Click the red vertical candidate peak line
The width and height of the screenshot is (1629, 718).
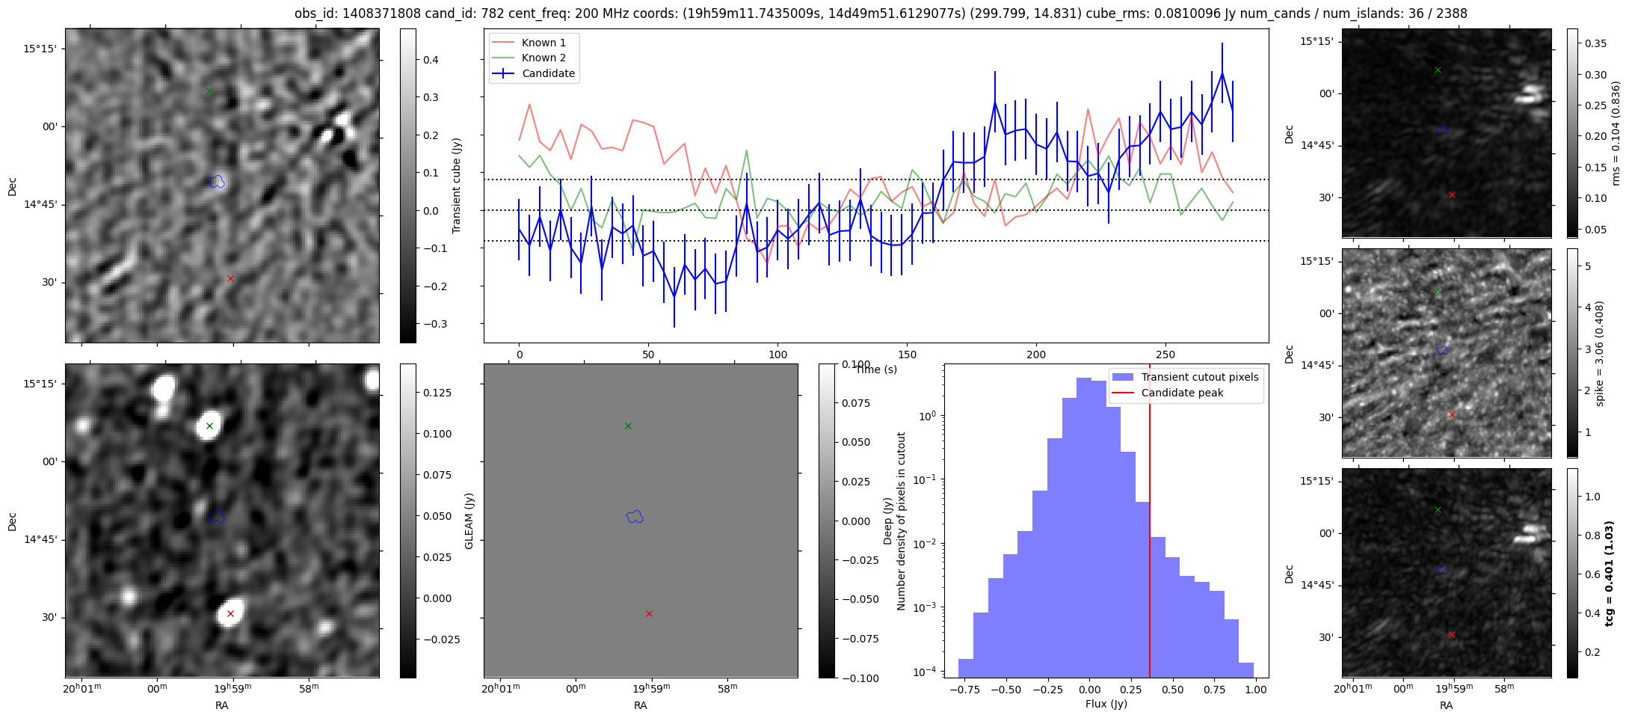tap(1150, 524)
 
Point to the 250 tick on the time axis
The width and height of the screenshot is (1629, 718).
tap(1165, 355)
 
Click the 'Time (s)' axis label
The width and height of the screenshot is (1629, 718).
tap(876, 369)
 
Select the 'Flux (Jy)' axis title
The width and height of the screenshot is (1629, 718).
tap(1106, 704)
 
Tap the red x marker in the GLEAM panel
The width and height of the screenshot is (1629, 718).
tap(649, 614)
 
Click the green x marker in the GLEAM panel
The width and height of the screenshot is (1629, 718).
tap(628, 426)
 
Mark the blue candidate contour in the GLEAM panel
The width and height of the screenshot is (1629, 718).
tap(635, 516)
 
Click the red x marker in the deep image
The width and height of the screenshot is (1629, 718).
tap(230, 614)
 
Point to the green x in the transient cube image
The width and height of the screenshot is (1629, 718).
tap(209, 91)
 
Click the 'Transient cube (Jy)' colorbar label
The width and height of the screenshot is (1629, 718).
tap(456, 185)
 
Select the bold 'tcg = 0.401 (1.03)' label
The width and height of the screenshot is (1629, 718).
tap(1610, 573)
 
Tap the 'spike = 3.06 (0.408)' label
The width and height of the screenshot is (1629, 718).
tap(1599, 353)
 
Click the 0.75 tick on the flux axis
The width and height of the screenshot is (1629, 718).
tap(1215, 690)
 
